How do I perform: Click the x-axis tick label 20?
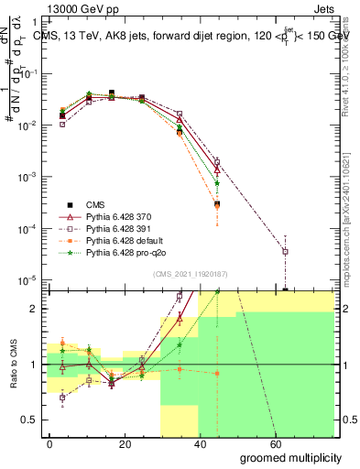[x=125, y=443]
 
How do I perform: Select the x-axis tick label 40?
[x=201, y=443]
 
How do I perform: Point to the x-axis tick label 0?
[x=50, y=443]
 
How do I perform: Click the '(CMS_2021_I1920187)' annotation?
[x=190, y=272]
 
